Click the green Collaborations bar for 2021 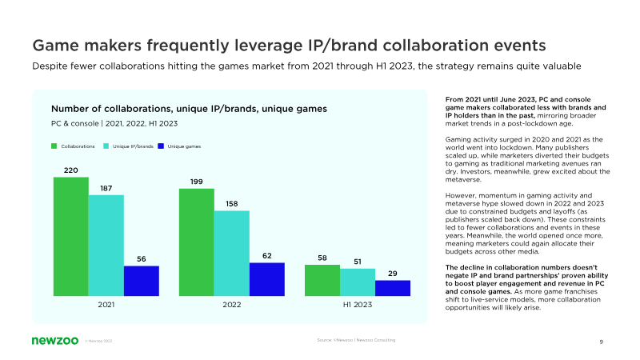[x=71, y=236]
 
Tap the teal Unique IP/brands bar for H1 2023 [x=358, y=282]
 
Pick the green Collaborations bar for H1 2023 [x=322, y=280]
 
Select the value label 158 [x=232, y=204]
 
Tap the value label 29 [x=393, y=274]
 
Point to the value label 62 [x=267, y=256]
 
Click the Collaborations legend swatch [x=54, y=146]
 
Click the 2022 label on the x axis [x=232, y=306]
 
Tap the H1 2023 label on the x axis [x=358, y=306]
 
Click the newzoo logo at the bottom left [x=53, y=340]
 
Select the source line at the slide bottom [x=356, y=340]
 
